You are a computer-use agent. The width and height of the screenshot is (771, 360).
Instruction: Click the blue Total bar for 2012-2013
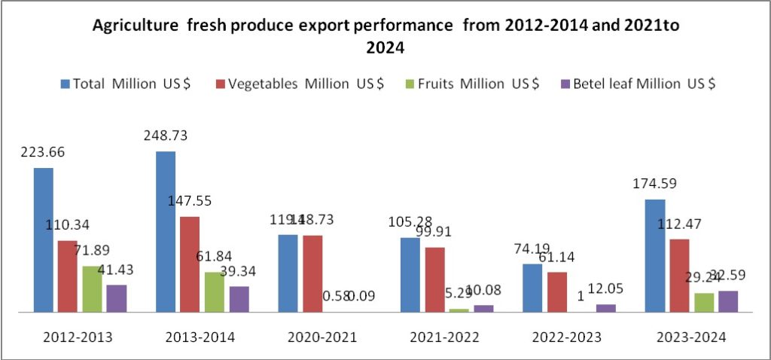44,239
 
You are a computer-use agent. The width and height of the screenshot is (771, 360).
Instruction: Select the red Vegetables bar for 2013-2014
190,264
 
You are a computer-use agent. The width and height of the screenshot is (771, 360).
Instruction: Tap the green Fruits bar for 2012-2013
92,288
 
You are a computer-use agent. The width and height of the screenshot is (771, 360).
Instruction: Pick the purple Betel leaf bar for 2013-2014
239,298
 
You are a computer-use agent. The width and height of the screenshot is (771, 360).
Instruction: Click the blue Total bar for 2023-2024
655,255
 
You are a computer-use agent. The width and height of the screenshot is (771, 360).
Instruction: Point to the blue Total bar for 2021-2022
410,274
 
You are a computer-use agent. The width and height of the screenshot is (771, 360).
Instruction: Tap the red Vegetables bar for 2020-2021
312,273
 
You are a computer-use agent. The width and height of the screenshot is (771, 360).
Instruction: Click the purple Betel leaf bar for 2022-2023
605,307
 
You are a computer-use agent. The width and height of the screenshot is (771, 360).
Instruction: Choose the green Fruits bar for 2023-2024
704,302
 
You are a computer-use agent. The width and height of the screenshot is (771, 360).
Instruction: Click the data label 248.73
166,136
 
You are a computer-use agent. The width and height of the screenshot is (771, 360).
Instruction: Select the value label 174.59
655,185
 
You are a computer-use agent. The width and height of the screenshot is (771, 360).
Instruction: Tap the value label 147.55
190,202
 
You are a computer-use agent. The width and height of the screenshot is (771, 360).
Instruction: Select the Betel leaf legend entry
636,84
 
